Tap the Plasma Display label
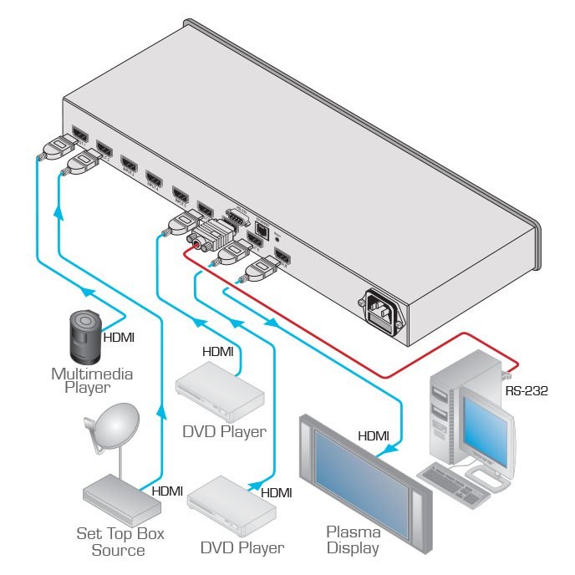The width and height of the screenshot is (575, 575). (x=353, y=540)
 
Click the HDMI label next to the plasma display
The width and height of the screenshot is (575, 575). (x=373, y=435)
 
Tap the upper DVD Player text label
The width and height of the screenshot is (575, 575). (x=224, y=431)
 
